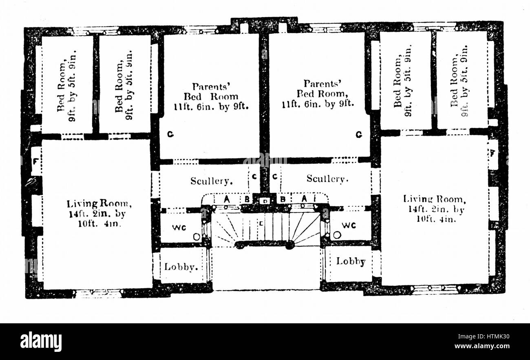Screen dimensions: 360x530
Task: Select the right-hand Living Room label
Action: [434, 208]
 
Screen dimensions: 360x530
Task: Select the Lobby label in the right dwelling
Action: [351, 261]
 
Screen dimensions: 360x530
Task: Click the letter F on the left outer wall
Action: [35, 161]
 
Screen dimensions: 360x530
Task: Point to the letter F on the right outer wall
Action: [493, 154]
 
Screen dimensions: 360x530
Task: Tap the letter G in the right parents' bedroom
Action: [358, 134]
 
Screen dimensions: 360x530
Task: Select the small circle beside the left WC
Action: [197, 236]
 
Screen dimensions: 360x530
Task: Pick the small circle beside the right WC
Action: [337, 235]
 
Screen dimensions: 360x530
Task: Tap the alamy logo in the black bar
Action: [41, 342]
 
